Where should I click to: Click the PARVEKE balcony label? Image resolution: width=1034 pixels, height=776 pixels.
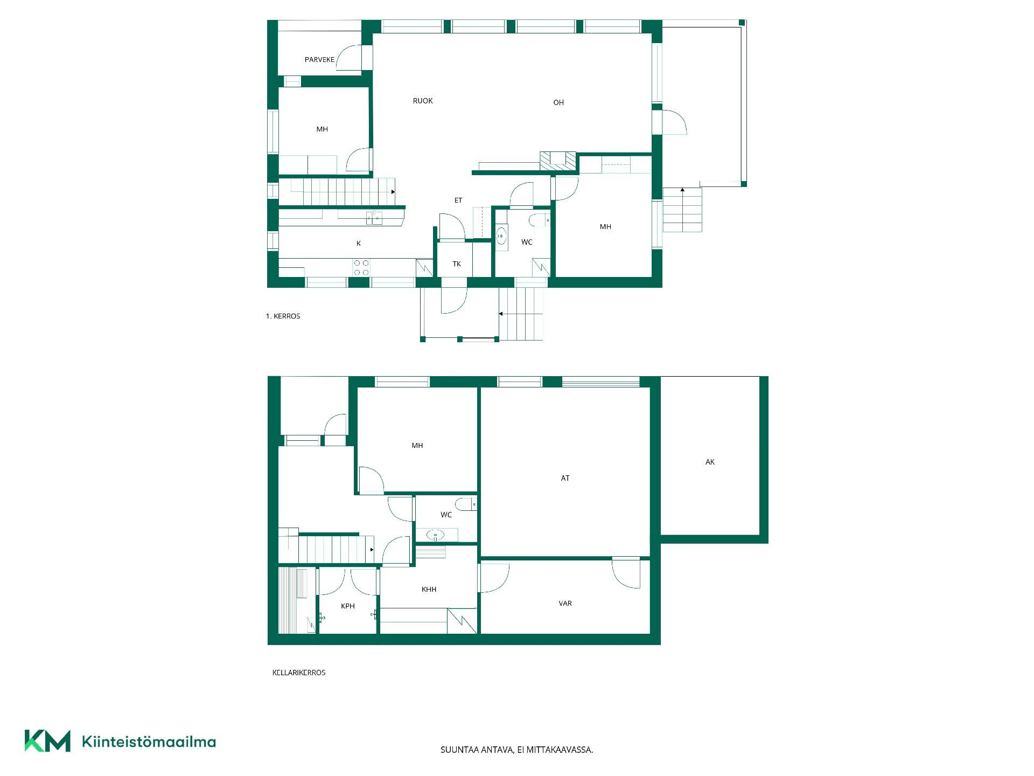coord(319,60)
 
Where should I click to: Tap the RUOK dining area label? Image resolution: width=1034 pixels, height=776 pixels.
coord(423,101)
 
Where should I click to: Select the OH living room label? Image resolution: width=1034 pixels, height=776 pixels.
coord(558,102)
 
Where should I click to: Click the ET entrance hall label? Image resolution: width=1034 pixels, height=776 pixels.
coord(458,200)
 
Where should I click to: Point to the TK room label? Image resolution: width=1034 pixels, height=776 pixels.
coord(457,264)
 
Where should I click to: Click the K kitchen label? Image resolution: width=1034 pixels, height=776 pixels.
coord(359,244)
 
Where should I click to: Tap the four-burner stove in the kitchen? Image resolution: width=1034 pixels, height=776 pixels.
coord(361,268)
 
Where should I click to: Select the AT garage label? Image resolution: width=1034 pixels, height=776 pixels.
coord(565,478)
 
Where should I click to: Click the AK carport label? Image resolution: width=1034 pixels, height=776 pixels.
coord(710,462)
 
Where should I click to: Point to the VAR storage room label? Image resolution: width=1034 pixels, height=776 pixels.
coord(565,604)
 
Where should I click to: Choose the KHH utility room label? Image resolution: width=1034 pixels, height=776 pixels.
coord(429,590)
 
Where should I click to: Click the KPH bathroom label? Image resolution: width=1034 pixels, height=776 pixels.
coord(348,606)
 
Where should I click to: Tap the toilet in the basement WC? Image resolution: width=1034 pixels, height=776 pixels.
coord(465,504)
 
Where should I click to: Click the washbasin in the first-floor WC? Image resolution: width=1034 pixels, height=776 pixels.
coord(501,236)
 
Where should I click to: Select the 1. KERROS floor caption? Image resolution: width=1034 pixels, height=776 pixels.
coord(283,316)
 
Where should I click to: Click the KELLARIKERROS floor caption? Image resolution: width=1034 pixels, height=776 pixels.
coord(299,673)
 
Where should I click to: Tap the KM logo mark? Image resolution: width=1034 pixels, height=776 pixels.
coord(47,741)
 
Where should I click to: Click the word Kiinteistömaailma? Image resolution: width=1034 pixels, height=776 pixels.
coord(149,742)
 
